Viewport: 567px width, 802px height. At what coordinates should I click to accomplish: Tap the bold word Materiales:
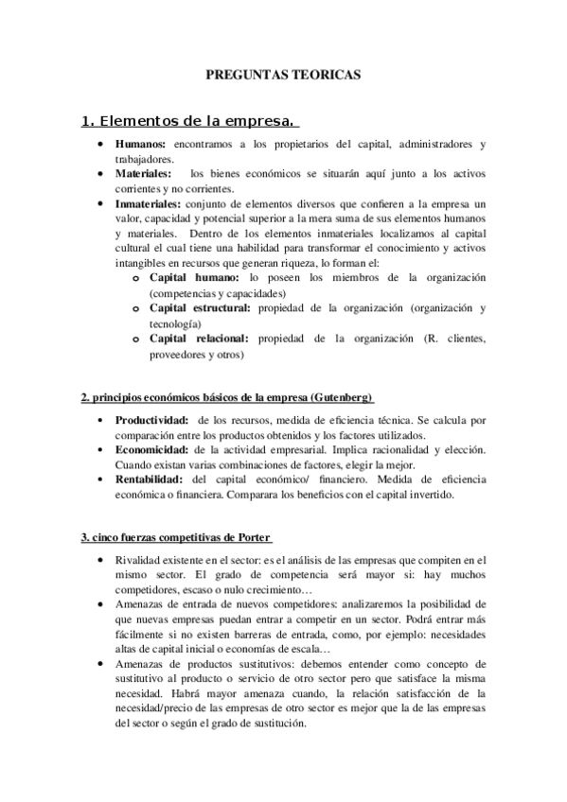(144, 174)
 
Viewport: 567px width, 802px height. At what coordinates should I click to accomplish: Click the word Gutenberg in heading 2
(342, 395)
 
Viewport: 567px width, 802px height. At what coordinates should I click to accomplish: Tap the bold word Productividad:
(151, 419)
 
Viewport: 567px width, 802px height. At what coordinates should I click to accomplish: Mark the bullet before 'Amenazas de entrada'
(102, 606)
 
